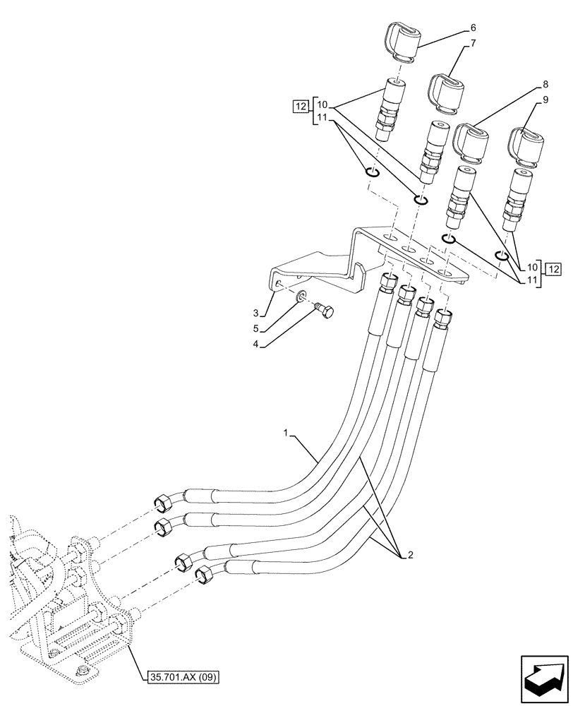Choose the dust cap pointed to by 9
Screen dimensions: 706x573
(525, 145)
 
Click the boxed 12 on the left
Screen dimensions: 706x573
(301, 107)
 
